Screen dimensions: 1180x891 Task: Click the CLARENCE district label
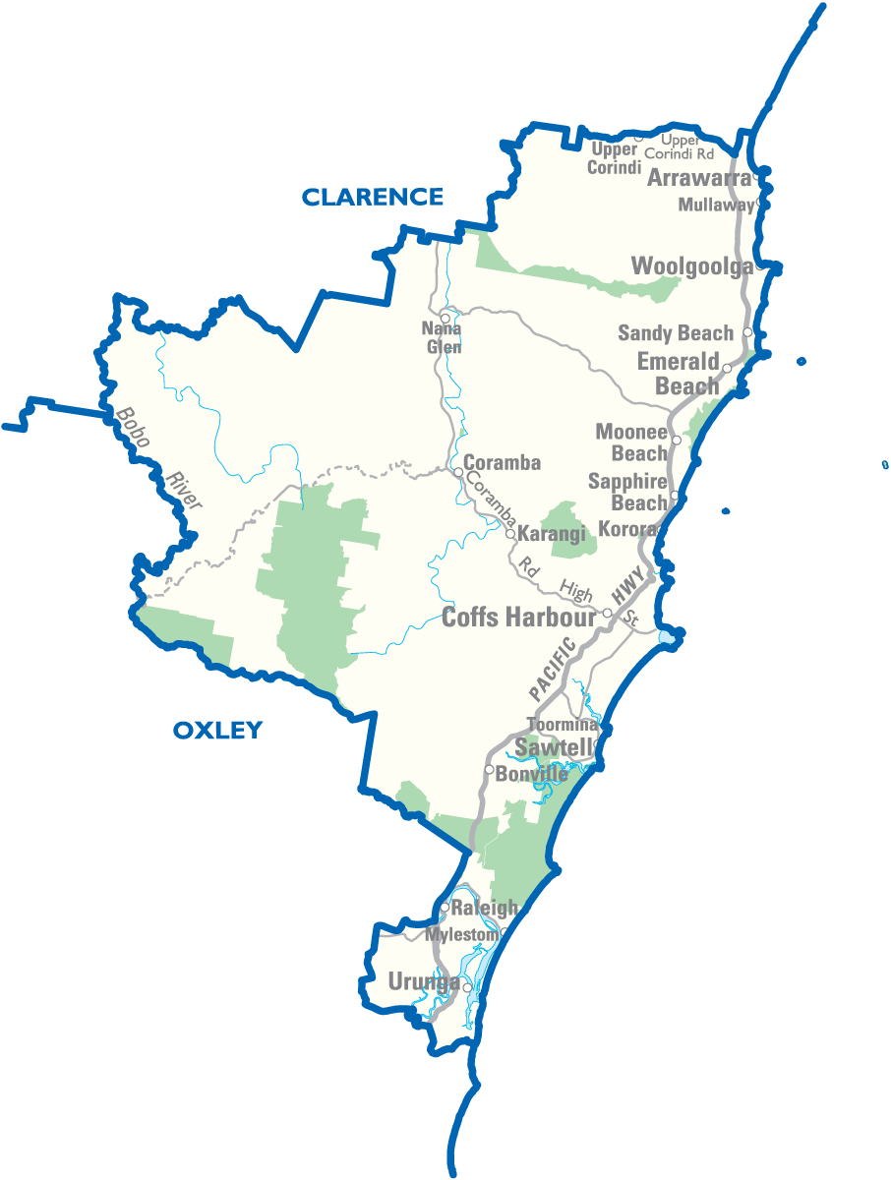(372, 197)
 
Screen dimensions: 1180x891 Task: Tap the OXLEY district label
(217, 730)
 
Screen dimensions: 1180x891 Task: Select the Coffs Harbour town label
(518, 618)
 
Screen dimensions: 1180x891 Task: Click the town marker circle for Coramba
(458, 472)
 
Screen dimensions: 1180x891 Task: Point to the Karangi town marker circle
(510, 534)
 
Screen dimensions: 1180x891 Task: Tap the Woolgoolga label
(691, 265)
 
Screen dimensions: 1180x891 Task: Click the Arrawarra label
(698, 178)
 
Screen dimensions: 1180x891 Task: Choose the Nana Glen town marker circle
(445, 319)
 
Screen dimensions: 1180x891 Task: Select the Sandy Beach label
(675, 333)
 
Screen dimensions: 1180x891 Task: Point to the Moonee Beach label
(632, 442)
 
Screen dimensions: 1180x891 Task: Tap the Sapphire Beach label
(627, 492)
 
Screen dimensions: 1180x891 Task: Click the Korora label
(625, 529)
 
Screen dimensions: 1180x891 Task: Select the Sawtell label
(554, 748)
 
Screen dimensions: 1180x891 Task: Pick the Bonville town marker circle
(489, 769)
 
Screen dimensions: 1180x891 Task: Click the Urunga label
(423, 981)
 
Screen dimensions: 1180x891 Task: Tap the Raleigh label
(484, 908)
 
